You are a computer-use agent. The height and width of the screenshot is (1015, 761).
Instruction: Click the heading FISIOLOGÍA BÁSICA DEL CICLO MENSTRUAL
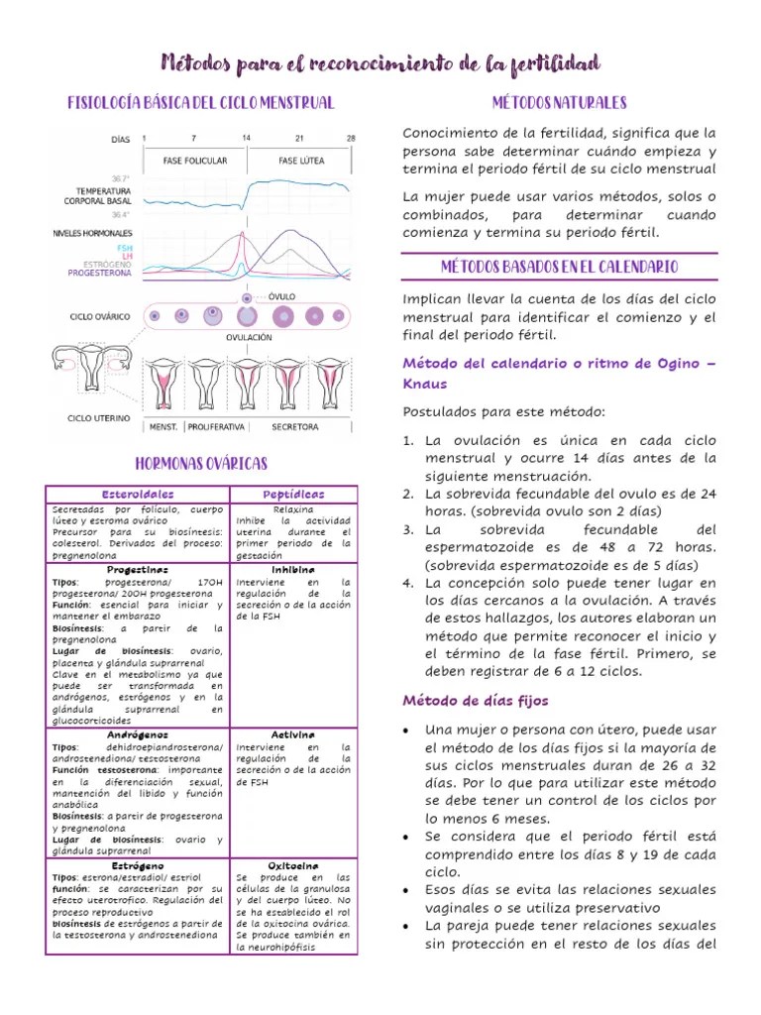click(200, 103)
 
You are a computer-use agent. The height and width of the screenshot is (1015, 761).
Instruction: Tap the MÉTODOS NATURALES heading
click(559, 103)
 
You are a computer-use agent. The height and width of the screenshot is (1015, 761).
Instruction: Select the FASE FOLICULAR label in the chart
click(195, 161)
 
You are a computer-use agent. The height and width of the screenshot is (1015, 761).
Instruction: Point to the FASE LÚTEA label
click(299, 161)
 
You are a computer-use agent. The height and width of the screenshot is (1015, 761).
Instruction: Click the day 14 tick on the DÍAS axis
click(246, 138)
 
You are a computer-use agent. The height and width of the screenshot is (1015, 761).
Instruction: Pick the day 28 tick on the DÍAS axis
click(351, 138)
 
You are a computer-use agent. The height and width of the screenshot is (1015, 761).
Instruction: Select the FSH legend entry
click(124, 247)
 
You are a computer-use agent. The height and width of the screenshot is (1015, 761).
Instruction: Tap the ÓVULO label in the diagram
click(281, 296)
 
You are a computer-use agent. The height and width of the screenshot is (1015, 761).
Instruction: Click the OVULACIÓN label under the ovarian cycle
click(249, 337)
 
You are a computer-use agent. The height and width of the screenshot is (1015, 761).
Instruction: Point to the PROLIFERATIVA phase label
click(216, 427)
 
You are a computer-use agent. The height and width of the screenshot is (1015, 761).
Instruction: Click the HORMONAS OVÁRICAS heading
click(200, 464)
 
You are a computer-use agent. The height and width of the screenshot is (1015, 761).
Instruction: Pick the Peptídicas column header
click(292, 494)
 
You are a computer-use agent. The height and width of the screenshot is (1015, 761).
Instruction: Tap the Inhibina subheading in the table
click(292, 570)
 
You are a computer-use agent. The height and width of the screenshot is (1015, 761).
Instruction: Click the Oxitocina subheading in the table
click(292, 865)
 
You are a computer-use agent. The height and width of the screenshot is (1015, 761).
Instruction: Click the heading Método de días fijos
click(475, 701)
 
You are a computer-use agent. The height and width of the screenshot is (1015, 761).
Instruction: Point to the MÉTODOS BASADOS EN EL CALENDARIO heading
click(559, 268)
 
